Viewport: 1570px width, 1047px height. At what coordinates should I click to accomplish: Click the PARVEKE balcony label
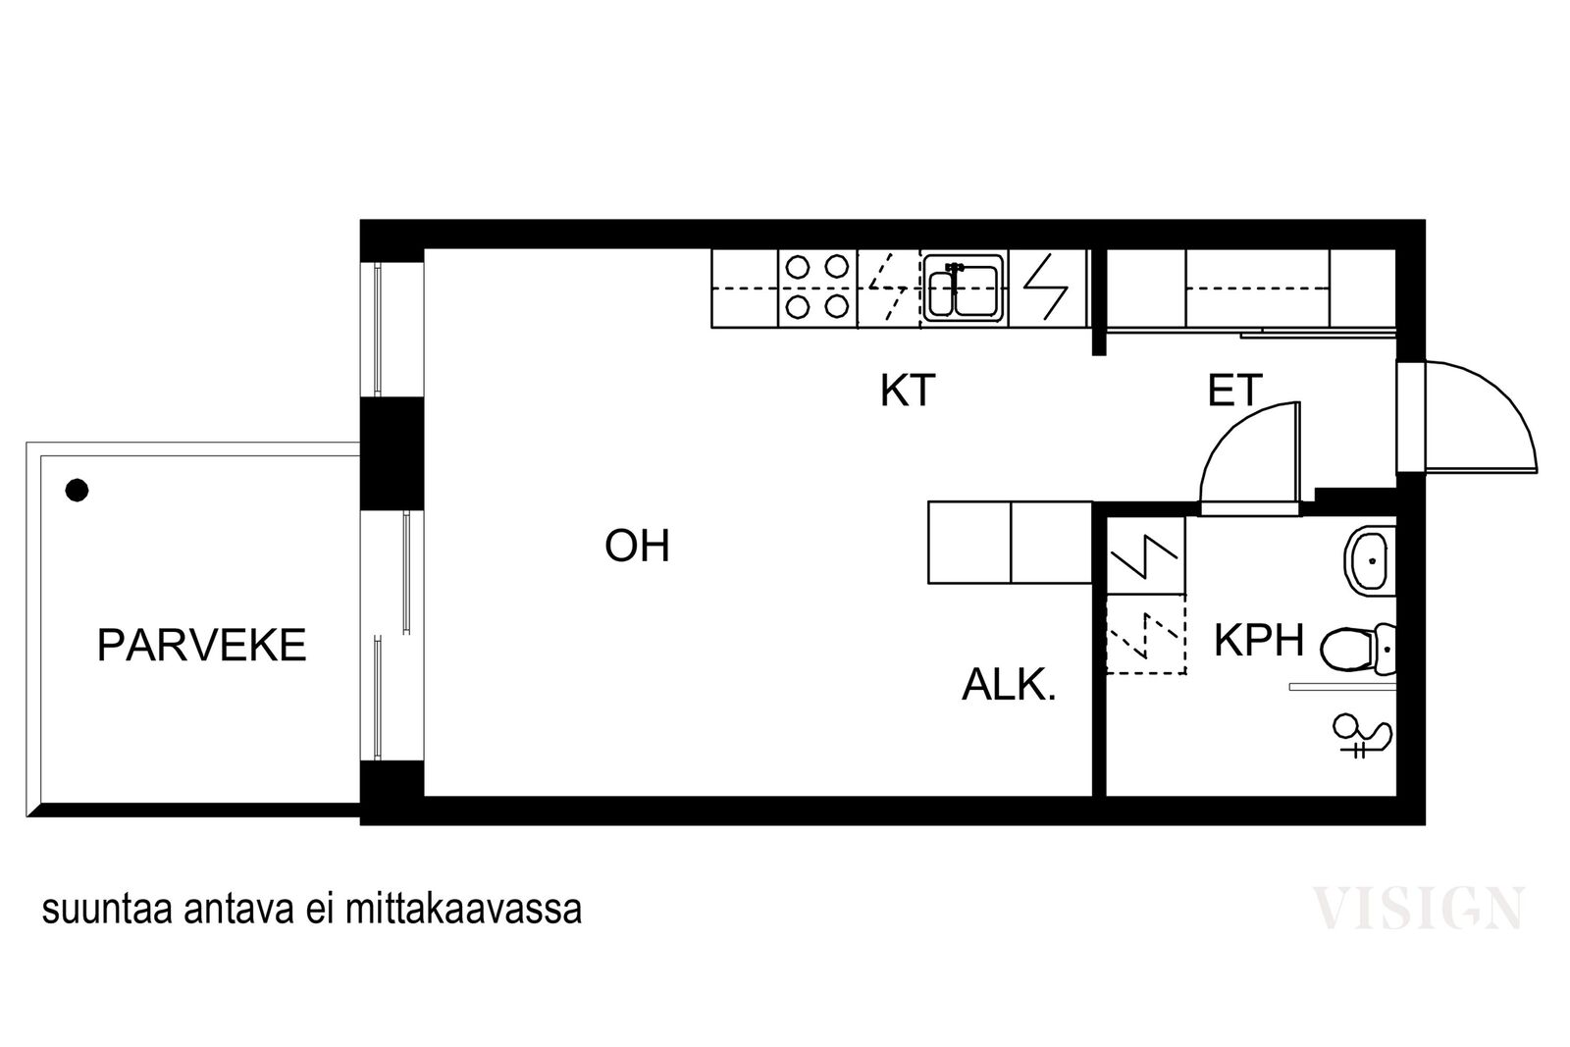(202, 646)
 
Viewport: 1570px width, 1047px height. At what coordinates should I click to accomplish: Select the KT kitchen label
(908, 391)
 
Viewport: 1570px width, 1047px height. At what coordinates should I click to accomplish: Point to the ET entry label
(1235, 391)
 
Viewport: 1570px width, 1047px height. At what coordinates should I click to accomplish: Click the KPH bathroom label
(1259, 640)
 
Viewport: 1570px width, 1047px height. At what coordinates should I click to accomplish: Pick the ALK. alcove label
(1009, 685)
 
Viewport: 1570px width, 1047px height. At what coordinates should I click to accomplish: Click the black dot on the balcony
(77, 490)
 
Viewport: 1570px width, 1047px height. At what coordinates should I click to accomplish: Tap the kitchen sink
(963, 288)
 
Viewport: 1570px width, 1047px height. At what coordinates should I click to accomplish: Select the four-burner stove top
(817, 288)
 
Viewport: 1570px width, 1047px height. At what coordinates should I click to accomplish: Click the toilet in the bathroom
(1358, 649)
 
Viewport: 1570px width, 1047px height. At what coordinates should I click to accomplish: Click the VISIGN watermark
(1418, 909)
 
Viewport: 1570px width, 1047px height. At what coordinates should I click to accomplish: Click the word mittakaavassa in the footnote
(463, 910)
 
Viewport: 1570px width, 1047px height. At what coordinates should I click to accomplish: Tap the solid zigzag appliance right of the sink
(1046, 288)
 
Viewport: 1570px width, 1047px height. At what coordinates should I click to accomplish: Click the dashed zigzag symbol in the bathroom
(1146, 636)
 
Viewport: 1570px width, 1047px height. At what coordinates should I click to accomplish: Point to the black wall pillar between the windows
(392, 453)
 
